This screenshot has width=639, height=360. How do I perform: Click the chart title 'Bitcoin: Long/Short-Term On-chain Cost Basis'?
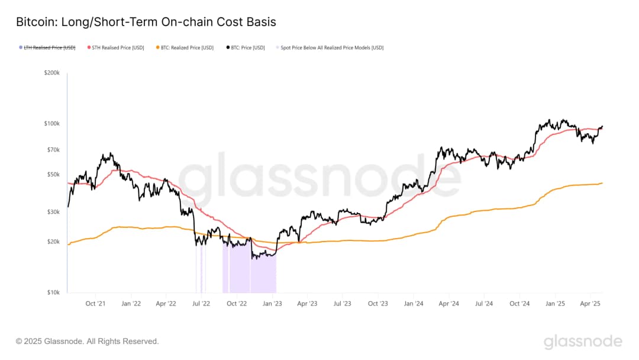146,22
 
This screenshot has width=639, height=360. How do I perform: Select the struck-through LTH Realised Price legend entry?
49,47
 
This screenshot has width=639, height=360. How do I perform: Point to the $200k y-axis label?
51,73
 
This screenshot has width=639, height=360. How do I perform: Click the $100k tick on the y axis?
51,123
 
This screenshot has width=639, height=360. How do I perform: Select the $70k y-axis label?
53,150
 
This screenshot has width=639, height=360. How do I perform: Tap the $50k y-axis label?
53,175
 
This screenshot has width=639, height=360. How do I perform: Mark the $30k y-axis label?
53,212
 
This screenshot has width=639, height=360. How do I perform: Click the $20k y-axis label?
53,242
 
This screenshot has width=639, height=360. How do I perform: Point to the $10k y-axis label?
53,292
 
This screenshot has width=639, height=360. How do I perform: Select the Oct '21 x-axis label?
95,304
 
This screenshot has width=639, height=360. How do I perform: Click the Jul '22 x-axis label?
201,304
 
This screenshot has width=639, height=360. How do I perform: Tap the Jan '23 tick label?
272,304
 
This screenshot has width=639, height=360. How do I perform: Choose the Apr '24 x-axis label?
448,304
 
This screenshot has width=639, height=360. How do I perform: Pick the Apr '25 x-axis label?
590,304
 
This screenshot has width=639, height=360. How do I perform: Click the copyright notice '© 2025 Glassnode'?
88,341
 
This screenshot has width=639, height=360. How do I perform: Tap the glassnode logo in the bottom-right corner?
583,342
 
